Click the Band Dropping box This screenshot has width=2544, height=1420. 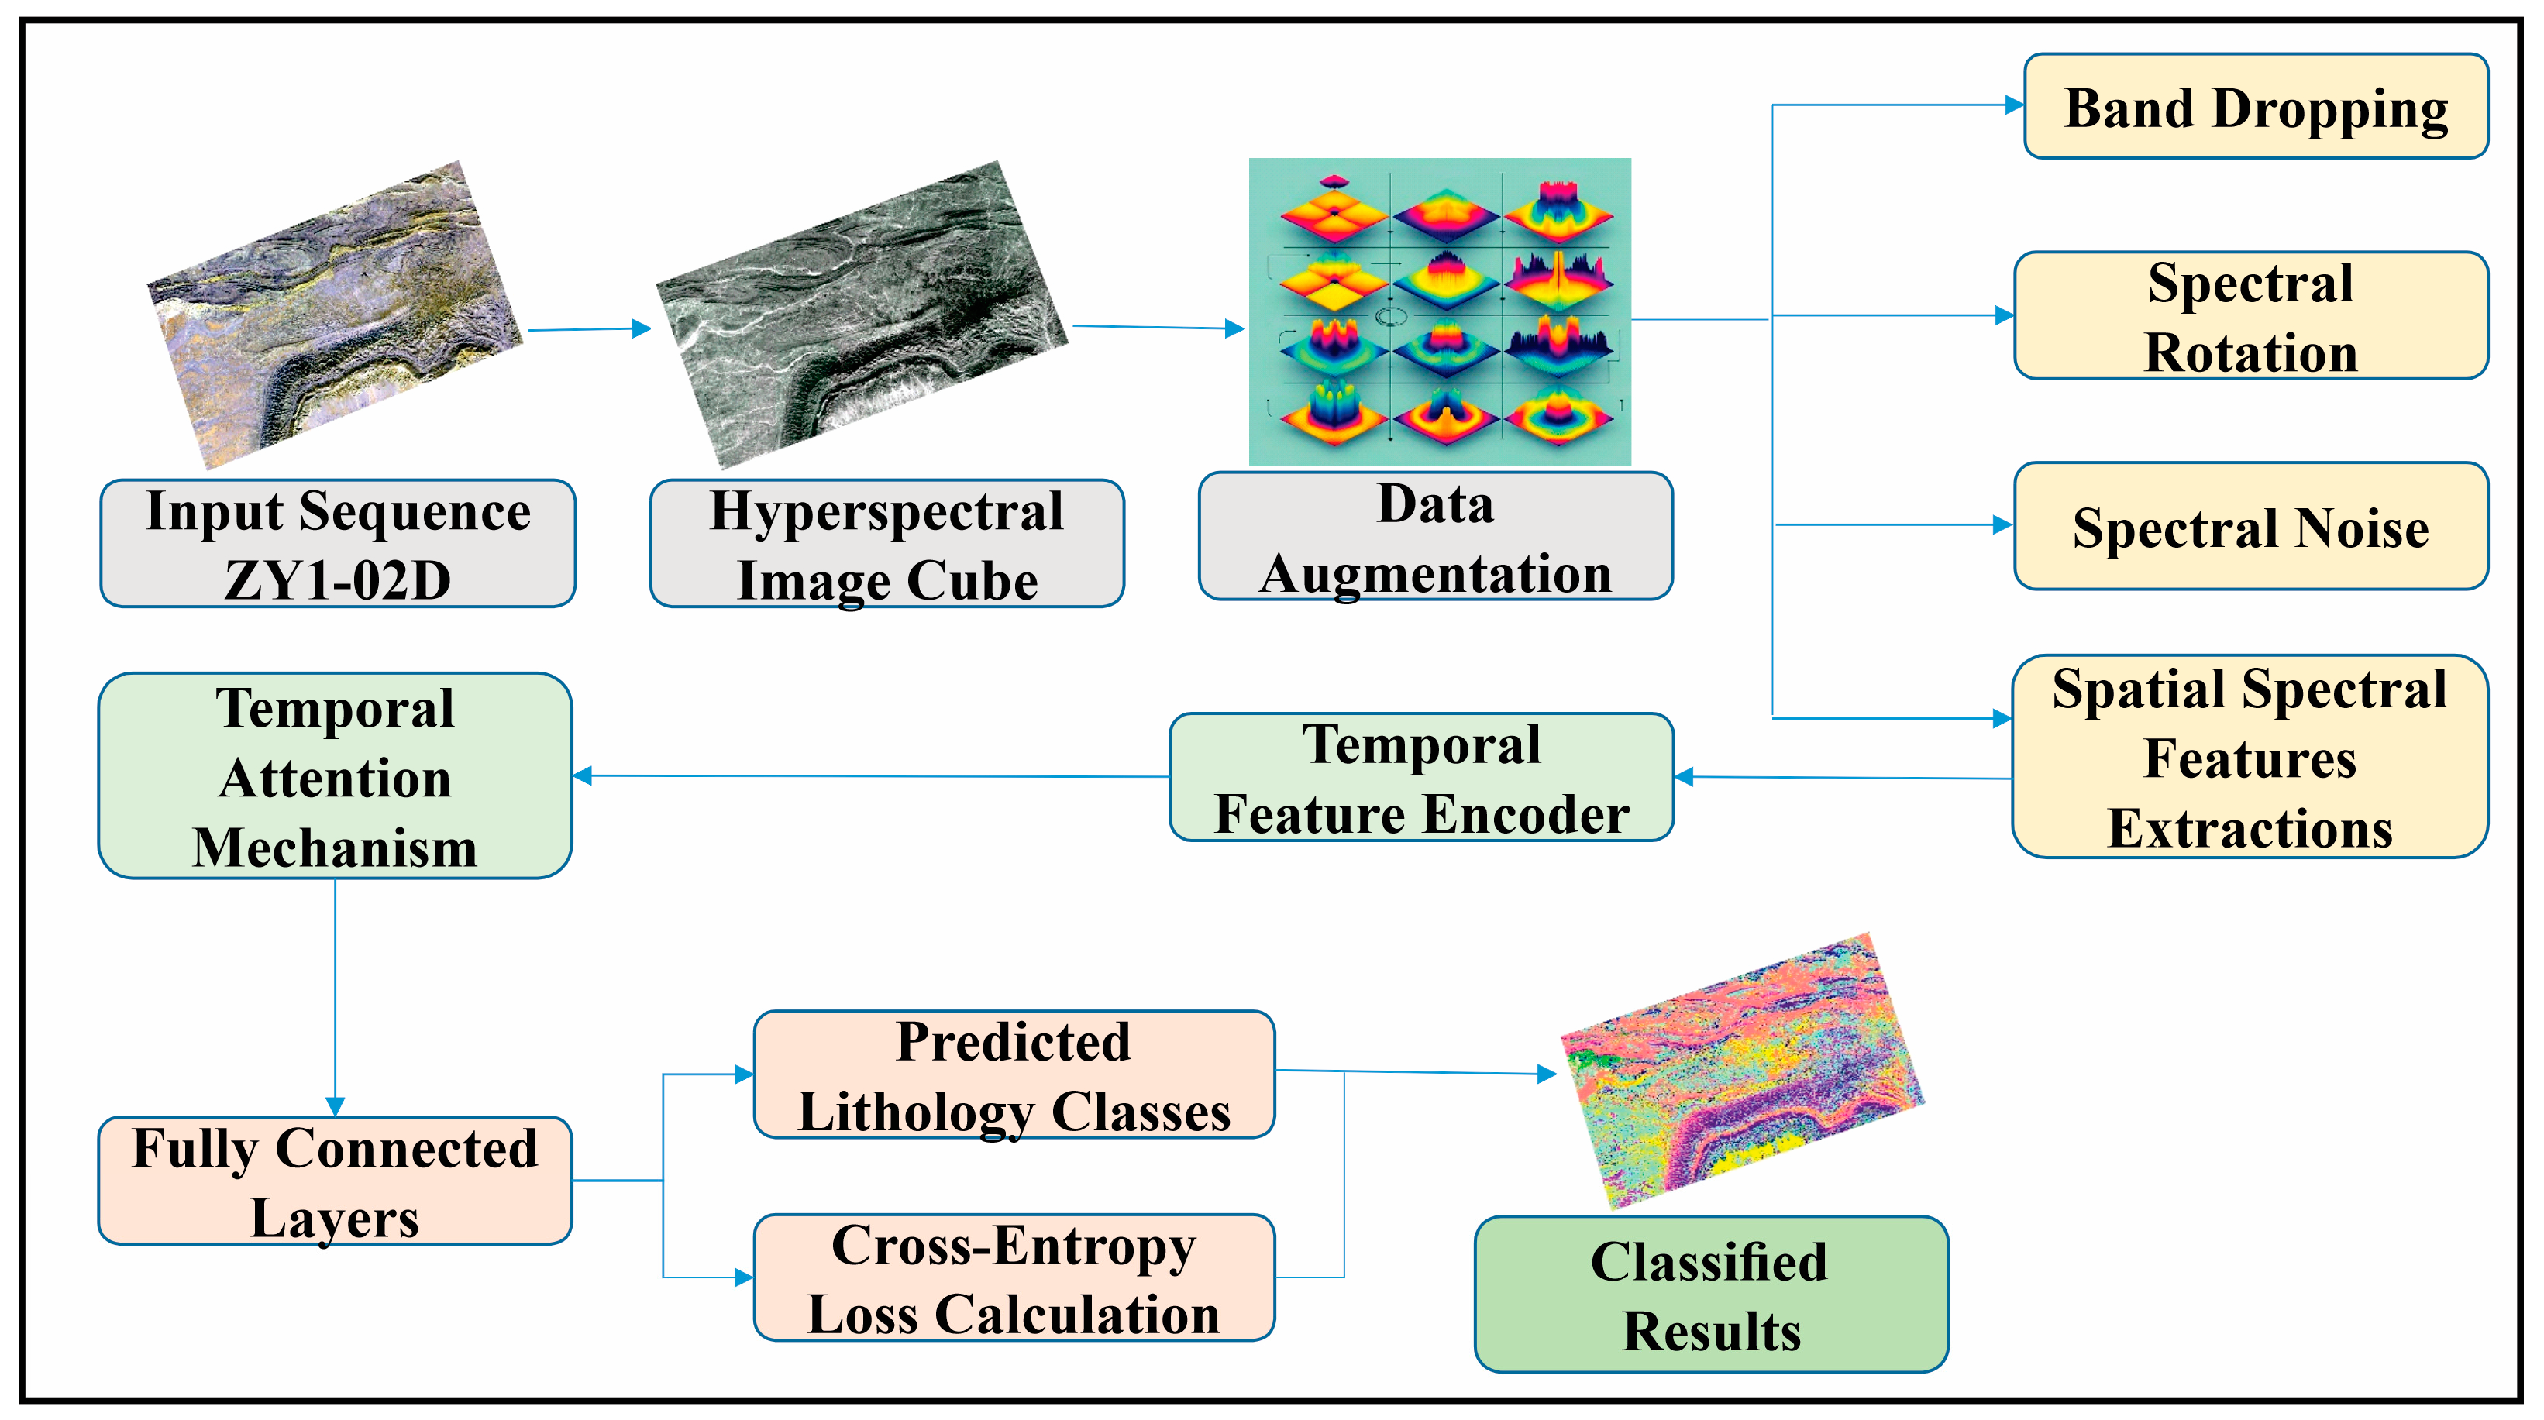2256,107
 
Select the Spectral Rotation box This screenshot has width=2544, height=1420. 2250,316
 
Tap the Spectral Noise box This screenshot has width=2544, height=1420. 2250,526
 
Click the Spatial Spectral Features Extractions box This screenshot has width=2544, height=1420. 2250,758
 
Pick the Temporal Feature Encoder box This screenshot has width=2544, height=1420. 1421,778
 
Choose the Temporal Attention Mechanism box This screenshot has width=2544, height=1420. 335,776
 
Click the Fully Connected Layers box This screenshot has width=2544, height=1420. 335,1181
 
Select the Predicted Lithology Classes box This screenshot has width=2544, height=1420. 1014,1074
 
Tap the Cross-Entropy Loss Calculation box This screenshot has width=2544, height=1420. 1014,1277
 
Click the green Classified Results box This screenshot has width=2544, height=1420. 1710,1295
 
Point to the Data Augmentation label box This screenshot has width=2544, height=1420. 1435,536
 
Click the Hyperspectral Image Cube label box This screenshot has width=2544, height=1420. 886,544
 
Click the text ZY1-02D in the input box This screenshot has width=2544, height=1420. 337,579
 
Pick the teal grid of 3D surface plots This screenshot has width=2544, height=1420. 1439,311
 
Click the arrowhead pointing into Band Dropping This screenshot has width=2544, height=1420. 2014,105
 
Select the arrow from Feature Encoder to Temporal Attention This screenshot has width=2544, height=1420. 869,776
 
